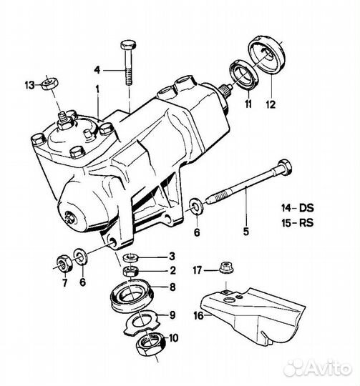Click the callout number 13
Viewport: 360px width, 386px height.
[30, 86]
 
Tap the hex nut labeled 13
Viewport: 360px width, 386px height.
[49, 83]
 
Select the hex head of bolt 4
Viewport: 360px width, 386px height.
[128, 45]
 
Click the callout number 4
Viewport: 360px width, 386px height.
[97, 70]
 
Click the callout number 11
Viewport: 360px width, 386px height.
[248, 104]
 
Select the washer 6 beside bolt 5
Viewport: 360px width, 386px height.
[196, 207]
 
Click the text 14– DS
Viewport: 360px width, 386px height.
[298, 208]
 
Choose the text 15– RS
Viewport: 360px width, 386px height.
[298, 223]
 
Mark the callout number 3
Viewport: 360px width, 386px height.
[172, 257]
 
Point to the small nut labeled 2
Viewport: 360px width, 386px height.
[130, 272]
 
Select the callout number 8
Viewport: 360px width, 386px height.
[172, 287]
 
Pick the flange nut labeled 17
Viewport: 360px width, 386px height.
[226, 267]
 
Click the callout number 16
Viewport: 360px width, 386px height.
[198, 316]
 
